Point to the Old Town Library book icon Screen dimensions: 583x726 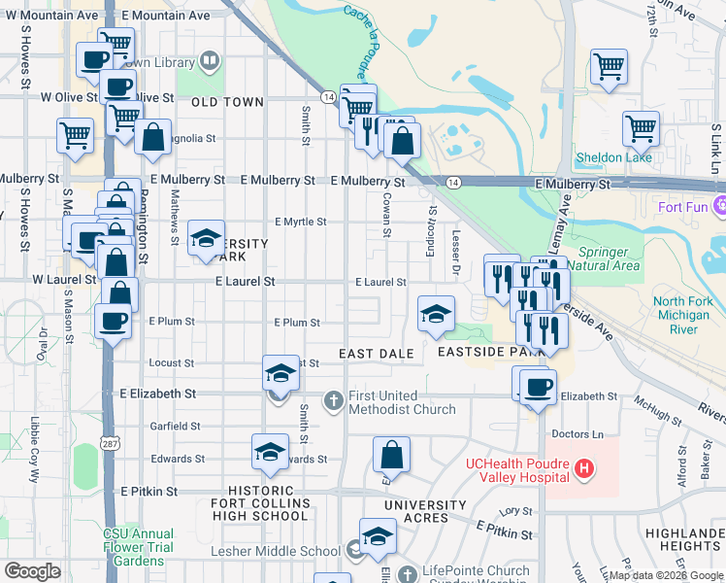click(x=211, y=62)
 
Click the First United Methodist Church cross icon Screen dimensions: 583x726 click(x=333, y=399)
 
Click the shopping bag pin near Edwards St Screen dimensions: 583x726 click(x=391, y=454)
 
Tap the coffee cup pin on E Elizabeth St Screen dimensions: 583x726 click(x=538, y=388)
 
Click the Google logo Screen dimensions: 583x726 click(x=32, y=571)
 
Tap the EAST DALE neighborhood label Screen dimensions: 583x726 click(x=377, y=353)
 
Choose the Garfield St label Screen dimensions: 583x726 click(x=176, y=426)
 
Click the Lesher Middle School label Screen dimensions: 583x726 click(x=276, y=551)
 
